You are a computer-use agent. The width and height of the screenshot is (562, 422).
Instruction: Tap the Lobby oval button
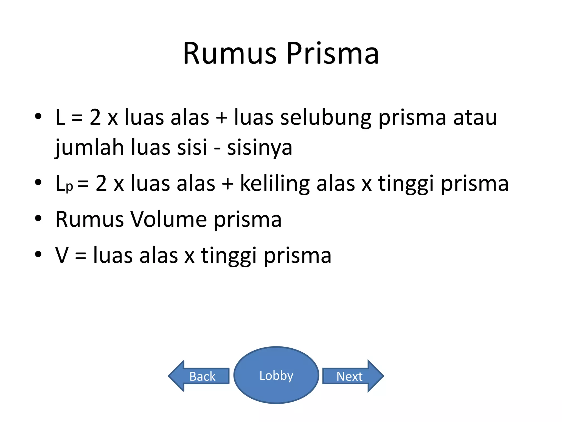[x=276, y=375]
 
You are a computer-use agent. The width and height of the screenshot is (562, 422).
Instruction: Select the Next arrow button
[x=350, y=376]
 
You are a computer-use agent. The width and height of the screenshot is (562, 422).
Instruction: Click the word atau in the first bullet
[x=475, y=118]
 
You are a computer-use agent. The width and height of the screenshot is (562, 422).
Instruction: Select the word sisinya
[x=260, y=148]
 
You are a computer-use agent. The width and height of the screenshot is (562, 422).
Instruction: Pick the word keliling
[x=275, y=184]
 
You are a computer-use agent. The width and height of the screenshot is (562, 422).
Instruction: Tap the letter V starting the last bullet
[x=62, y=255]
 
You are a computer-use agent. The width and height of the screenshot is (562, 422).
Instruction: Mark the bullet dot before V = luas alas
[x=38, y=254]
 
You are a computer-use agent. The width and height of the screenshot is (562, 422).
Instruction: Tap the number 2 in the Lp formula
[x=101, y=184]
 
